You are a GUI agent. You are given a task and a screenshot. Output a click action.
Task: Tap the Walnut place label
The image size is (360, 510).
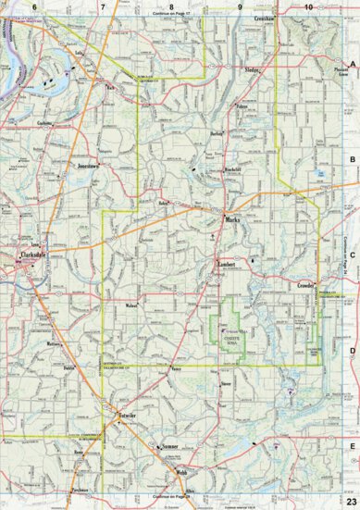pyautogui.click(x=130, y=305)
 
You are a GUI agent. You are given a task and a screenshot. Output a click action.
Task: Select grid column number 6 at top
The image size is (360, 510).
pyautogui.click(x=34, y=6)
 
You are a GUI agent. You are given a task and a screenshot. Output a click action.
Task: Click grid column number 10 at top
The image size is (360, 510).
pyautogui.click(x=307, y=6)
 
